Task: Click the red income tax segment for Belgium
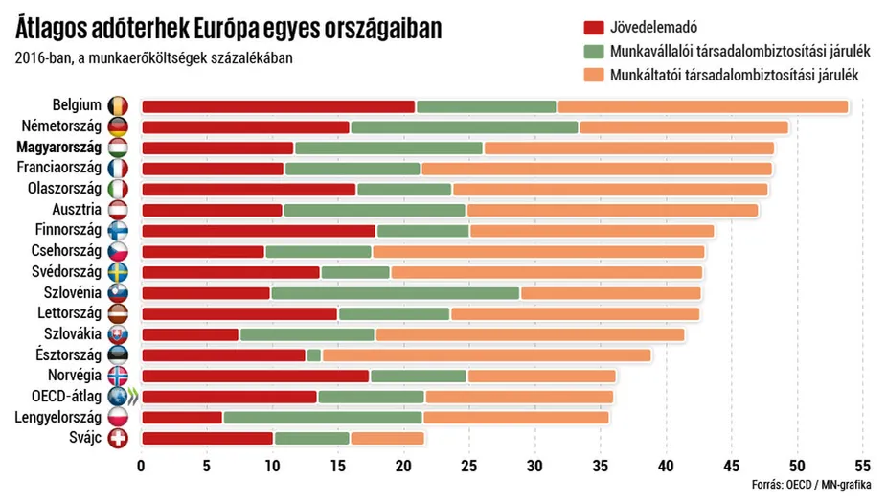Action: coord(278,106)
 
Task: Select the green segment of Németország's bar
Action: coord(465,127)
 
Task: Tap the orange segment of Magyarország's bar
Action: coord(628,149)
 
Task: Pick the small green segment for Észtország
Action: coord(314,355)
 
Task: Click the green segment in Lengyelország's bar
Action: coord(323,418)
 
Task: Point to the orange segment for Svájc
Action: coord(387,439)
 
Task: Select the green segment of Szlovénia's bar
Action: coord(396,293)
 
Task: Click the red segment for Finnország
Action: coord(259,231)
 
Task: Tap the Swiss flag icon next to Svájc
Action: coord(118,439)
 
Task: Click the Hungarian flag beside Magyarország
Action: coord(118,149)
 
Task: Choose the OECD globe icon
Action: coord(118,397)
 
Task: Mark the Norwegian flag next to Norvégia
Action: coord(118,376)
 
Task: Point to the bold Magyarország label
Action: coord(58,149)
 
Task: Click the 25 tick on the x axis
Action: coord(469,467)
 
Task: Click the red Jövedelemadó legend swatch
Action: coord(593,27)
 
